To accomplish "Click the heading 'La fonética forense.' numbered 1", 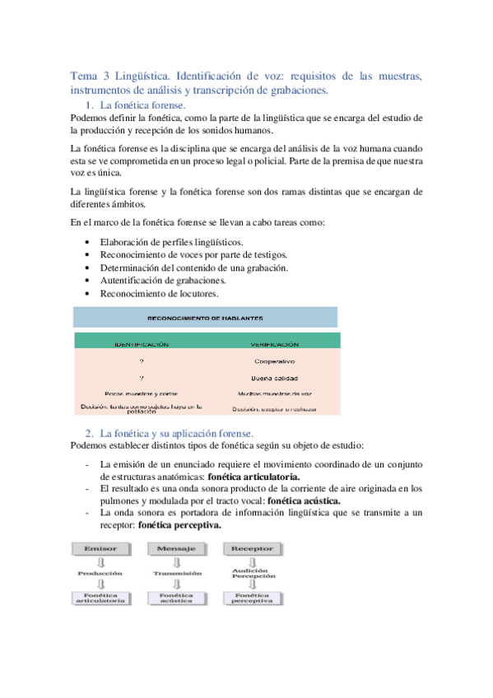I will (x=142, y=106).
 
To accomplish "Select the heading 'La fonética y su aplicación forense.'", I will (x=176, y=433).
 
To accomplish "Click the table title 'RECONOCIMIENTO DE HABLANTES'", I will (x=205, y=317).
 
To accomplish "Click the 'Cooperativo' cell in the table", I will (x=274, y=361).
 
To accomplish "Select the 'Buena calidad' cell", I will (x=274, y=378).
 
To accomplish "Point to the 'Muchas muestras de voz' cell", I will (x=274, y=393).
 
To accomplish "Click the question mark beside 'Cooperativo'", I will (x=142, y=361).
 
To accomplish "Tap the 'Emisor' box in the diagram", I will (x=100, y=547).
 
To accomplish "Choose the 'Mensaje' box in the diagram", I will (x=176, y=547).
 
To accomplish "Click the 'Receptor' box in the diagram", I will (x=253, y=547).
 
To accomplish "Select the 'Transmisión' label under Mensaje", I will (x=176, y=573).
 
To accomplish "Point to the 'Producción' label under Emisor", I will (x=100, y=573).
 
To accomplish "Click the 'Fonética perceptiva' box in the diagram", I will (x=253, y=597).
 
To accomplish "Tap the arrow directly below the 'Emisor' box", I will (x=100, y=561).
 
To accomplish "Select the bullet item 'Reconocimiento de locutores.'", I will (x=159, y=293).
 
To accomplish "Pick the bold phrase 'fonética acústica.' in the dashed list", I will (x=305, y=500).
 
